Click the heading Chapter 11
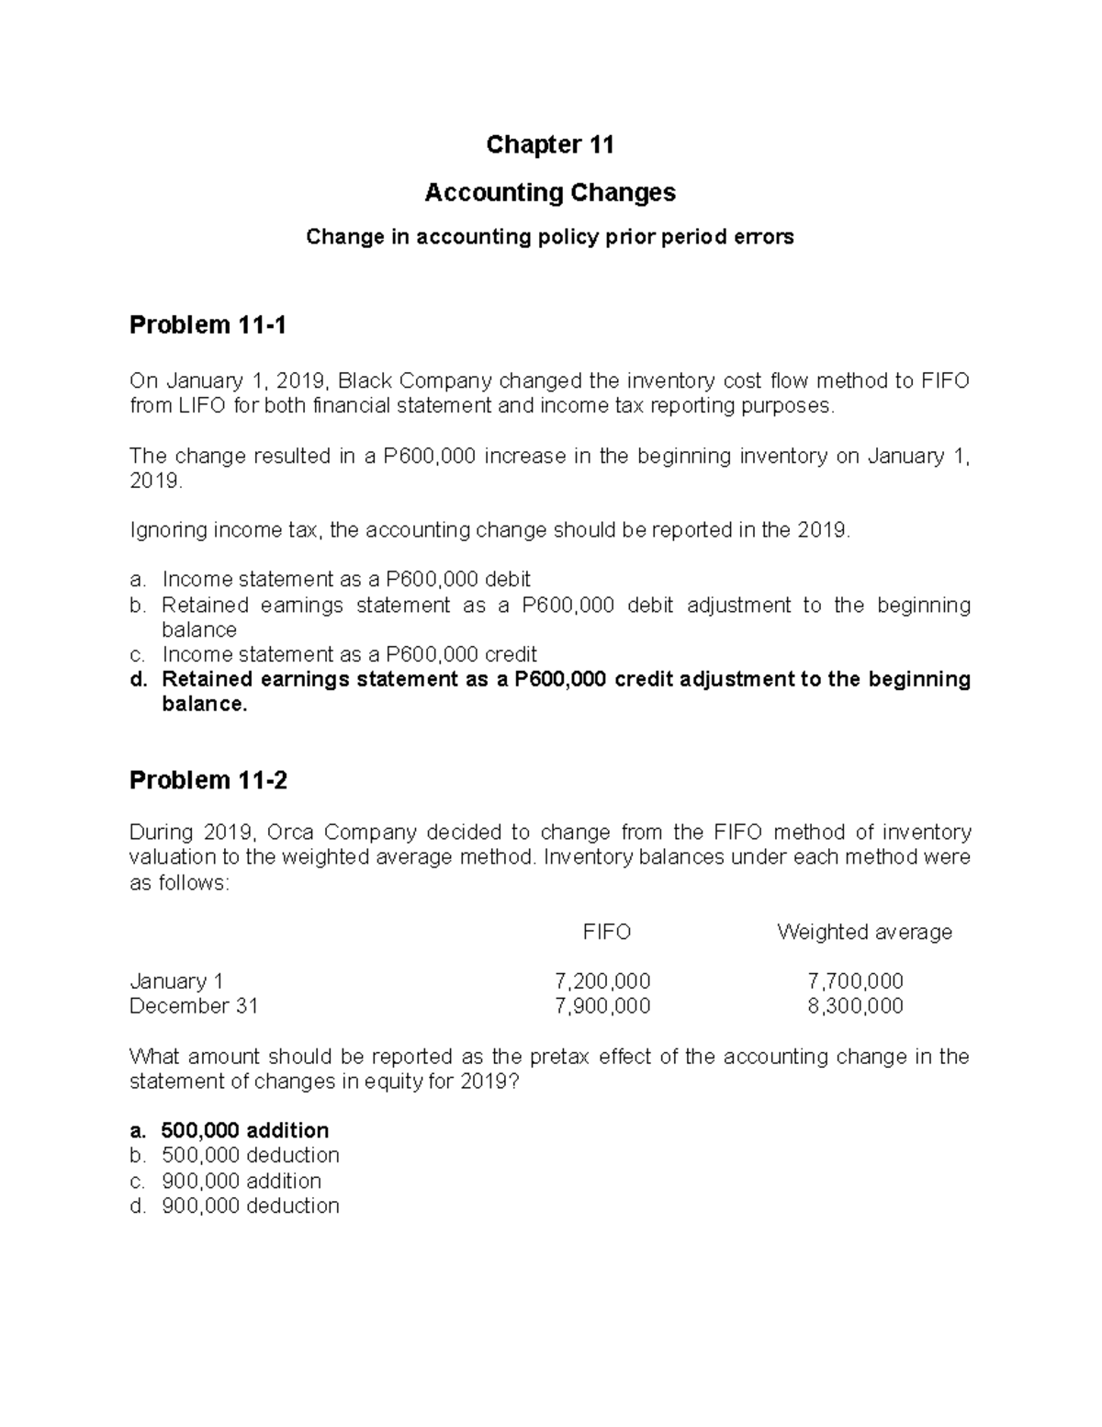(549, 145)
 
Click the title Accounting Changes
(549, 193)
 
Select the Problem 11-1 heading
(208, 325)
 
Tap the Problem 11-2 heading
(208, 781)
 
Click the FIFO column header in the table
(606, 932)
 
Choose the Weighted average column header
(863, 932)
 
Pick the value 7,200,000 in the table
(602, 981)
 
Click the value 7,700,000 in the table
(855, 981)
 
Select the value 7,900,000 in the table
(602, 1006)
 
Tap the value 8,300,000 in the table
(855, 1006)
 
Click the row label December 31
(193, 1006)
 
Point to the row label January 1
(176, 981)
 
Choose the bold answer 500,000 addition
(244, 1130)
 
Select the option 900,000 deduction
(250, 1206)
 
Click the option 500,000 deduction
(250, 1155)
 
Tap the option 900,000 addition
(241, 1181)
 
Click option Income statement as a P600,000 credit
(349, 654)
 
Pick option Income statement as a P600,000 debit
(346, 580)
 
